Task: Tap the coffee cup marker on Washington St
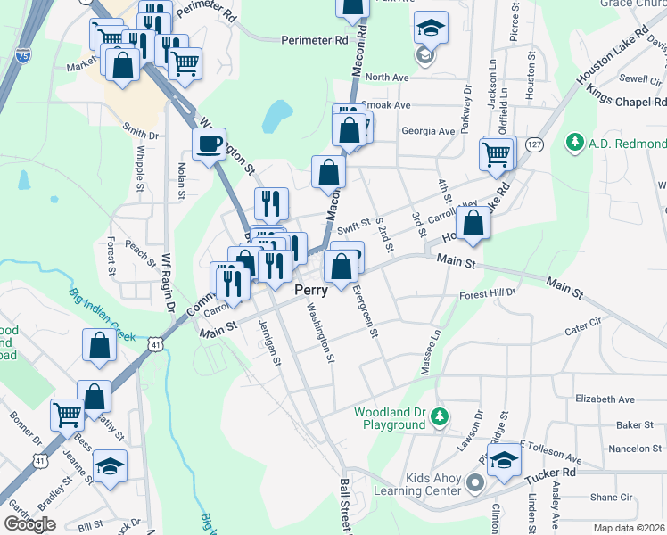[210, 144]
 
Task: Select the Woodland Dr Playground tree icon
[439, 416]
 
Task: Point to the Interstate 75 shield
[21, 55]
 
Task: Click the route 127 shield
[534, 144]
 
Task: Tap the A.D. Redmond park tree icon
[574, 143]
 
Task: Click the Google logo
[29, 524]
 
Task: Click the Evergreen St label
[365, 311]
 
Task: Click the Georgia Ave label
[428, 131]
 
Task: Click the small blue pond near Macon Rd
[279, 113]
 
